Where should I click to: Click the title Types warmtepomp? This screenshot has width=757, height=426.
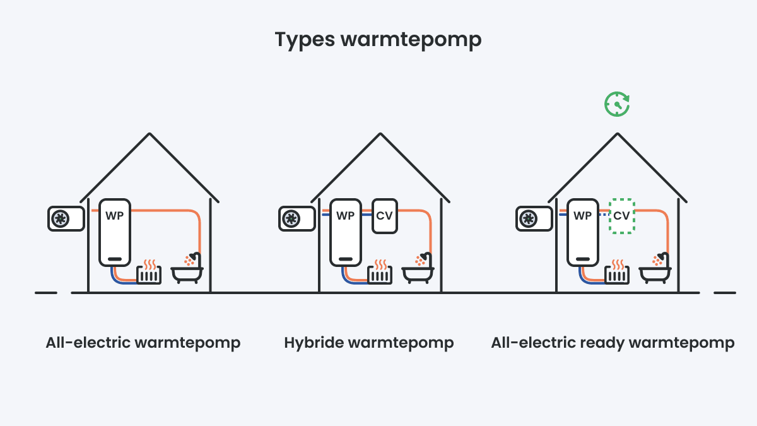coord(378,39)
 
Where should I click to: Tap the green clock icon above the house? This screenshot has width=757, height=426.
coord(617,104)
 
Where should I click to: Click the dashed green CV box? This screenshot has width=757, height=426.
coord(621,216)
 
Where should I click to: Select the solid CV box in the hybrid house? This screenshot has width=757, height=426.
coord(384,216)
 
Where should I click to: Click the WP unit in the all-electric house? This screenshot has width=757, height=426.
coord(114,233)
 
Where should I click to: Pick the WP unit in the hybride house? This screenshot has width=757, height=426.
coord(345,233)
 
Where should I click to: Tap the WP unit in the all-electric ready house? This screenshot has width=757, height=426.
coord(582,233)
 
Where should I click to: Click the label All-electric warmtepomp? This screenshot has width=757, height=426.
coord(143,343)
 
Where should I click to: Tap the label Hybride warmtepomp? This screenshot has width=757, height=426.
coord(369,343)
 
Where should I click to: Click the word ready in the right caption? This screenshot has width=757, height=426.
coord(599,344)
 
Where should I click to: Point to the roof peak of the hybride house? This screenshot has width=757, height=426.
coord(380,134)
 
